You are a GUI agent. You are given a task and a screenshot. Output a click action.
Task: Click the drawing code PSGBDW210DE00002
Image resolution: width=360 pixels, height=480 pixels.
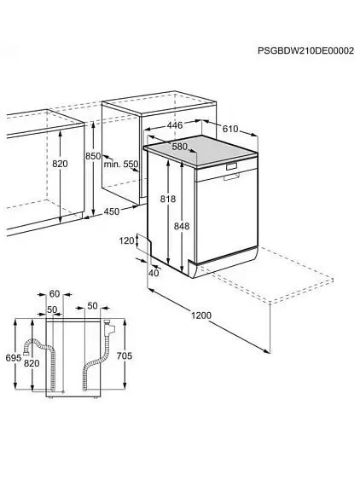pyautogui.click(x=305, y=50)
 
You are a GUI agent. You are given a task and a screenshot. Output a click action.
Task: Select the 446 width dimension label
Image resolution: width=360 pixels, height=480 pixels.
pyautogui.click(x=175, y=124)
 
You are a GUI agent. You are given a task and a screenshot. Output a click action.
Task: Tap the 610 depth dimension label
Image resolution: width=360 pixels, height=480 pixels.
pyautogui.click(x=230, y=129)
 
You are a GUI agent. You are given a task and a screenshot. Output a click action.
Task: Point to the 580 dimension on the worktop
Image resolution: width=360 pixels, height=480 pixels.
pyautogui.click(x=179, y=147)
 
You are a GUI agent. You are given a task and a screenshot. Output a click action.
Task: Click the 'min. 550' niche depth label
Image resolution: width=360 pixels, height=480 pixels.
pyautogui.click(x=121, y=164)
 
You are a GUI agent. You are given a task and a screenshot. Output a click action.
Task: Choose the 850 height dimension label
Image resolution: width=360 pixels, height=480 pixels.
pyautogui.click(x=93, y=156)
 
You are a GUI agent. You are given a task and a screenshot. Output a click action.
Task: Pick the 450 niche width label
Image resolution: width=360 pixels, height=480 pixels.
pyautogui.click(x=112, y=211)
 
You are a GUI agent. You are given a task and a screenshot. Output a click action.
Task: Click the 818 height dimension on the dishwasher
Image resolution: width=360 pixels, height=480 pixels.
pyautogui.click(x=168, y=199)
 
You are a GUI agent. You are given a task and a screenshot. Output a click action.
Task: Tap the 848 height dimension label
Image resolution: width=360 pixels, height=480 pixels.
pyautogui.click(x=182, y=226)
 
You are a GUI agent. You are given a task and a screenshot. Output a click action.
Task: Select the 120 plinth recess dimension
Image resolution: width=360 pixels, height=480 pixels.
pyautogui.click(x=127, y=240)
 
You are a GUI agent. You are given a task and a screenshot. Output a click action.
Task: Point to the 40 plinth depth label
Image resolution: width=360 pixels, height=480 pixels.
pyautogui.click(x=154, y=273)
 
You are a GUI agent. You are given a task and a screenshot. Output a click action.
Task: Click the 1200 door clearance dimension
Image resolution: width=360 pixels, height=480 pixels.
pyautogui.click(x=201, y=315)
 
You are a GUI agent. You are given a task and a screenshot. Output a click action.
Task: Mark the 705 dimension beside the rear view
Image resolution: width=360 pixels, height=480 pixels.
pyautogui.click(x=125, y=356)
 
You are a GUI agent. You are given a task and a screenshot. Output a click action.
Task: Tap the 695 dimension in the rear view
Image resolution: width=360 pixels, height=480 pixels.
pyautogui.click(x=14, y=357)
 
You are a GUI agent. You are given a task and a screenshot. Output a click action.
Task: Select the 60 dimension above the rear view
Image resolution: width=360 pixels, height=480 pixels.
pyautogui.click(x=55, y=294)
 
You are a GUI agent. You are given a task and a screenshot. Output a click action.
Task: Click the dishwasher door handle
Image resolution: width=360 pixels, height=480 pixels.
pyautogui.click(x=231, y=176)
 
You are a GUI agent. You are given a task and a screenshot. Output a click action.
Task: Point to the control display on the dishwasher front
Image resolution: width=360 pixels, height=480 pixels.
pyautogui.click(x=232, y=167)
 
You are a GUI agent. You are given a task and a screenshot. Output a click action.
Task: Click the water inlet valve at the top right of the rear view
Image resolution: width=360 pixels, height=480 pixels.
pyautogui.click(x=109, y=327)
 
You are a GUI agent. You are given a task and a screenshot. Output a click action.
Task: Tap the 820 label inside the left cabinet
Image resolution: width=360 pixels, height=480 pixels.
pyautogui.click(x=60, y=164)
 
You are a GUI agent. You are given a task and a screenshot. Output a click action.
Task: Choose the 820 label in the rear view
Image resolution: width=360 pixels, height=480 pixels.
pyautogui.click(x=32, y=363)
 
